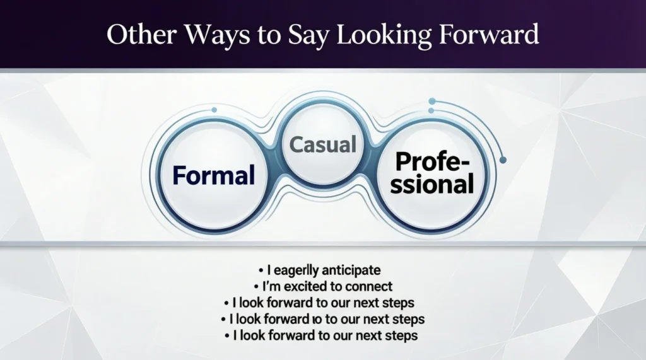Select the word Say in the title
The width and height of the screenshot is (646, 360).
[x=305, y=35]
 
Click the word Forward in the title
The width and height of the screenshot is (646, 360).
[x=491, y=35]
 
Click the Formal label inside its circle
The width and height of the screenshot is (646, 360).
[x=214, y=175]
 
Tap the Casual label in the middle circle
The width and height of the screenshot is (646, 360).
[x=323, y=144]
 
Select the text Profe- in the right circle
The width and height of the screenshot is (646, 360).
[x=432, y=163]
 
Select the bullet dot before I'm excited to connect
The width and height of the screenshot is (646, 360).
[x=256, y=287]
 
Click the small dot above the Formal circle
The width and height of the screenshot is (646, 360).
[x=214, y=110]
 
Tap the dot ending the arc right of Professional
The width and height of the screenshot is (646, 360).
[x=503, y=161]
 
